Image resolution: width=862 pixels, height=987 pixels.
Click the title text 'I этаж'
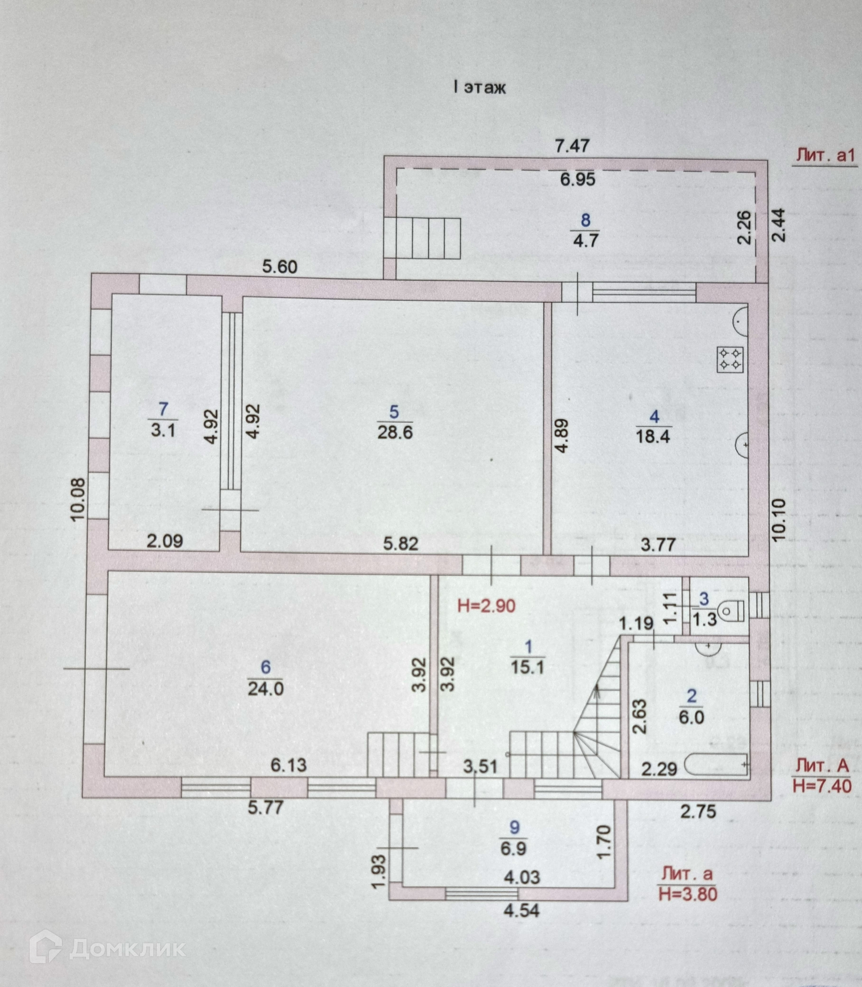480,88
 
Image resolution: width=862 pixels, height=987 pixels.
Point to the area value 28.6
395,432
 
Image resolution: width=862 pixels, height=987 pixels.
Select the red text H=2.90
486,606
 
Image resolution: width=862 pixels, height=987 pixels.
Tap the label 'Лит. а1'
824,155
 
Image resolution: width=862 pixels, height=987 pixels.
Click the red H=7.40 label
822,786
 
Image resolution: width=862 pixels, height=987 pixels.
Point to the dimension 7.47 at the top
572,145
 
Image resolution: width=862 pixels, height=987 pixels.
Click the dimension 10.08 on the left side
78,499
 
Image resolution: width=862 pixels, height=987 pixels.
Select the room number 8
585,220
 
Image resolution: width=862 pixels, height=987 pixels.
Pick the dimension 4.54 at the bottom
521,911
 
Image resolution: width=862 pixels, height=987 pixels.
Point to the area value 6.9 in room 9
514,849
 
